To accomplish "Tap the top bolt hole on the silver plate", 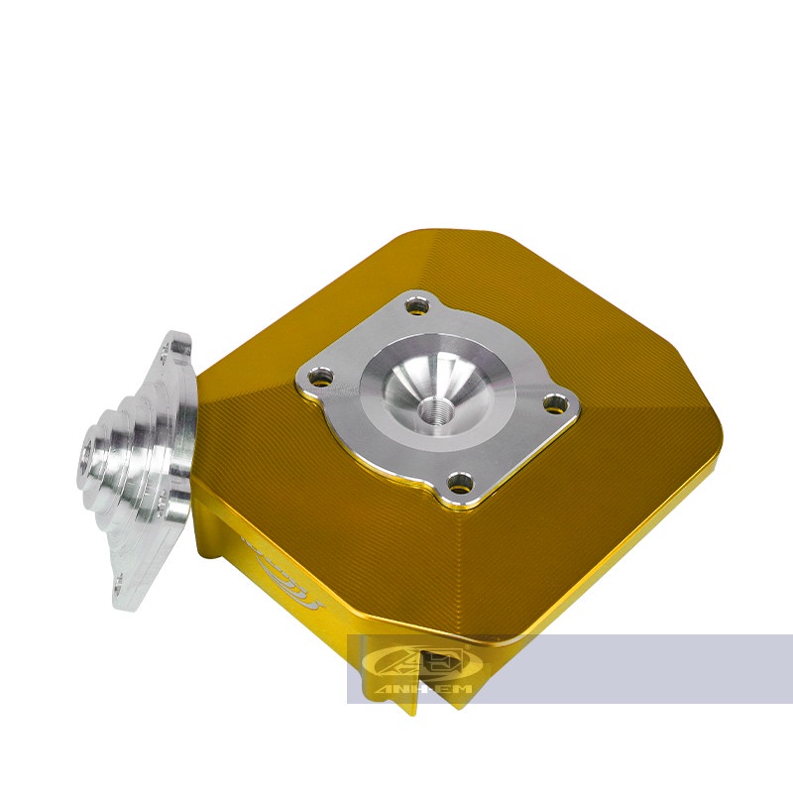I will click(x=419, y=306).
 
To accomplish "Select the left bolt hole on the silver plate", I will click(x=318, y=377).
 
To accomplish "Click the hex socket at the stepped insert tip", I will click(x=86, y=460).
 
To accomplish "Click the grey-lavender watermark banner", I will click(x=595, y=669).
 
